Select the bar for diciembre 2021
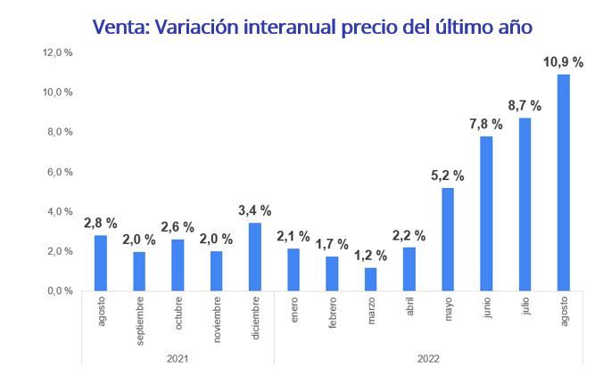254,257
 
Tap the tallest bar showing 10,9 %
563,183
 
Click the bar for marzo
370,279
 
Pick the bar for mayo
448,239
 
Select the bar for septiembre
138,271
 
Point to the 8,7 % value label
525,105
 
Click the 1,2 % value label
369,255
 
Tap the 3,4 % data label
254,209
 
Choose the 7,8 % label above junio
486,124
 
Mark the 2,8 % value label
100,222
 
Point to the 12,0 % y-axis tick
58,53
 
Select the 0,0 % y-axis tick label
60,291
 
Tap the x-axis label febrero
332,317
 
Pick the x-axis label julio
525,311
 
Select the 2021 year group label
177,358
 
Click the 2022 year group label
427,358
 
